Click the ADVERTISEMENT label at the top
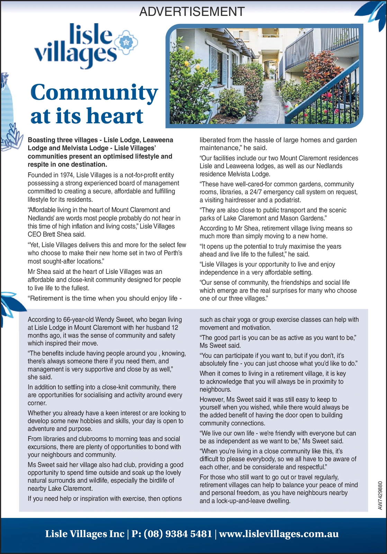tap(192, 12)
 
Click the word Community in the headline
tap(94, 92)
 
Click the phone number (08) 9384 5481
tap(177, 534)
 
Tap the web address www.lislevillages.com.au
tap(279, 534)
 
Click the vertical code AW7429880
tap(380, 495)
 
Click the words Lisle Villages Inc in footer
tap(84, 534)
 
